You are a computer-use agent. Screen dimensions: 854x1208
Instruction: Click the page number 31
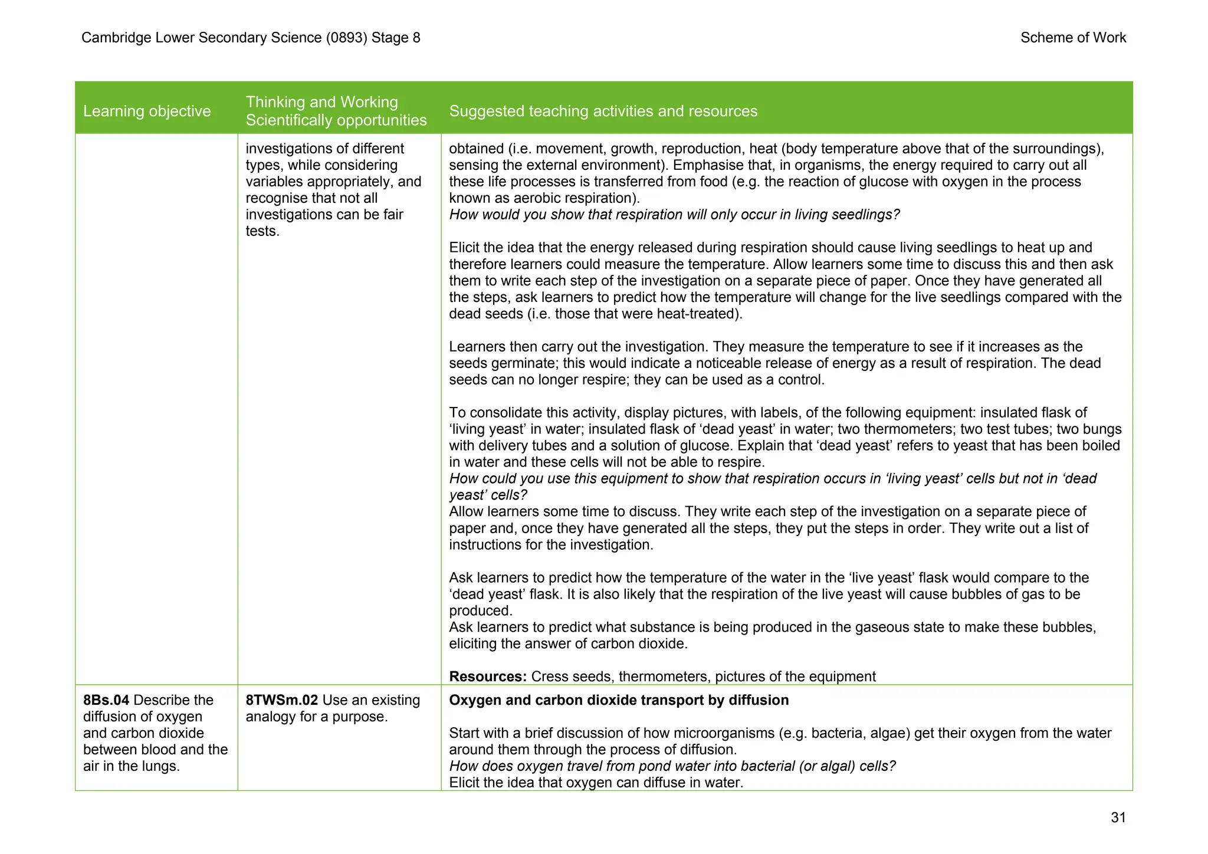pyautogui.click(x=1118, y=817)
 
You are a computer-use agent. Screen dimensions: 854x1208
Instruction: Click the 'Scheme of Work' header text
pyautogui.click(x=1072, y=38)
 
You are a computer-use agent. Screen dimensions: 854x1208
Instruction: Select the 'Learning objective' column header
pyautogui.click(x=147, y=111)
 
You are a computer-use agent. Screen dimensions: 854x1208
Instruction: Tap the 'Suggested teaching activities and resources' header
pyautogui.click(x=603, y=111)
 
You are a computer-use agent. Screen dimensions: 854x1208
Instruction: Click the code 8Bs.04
pyautogui.click(x=106, y=700)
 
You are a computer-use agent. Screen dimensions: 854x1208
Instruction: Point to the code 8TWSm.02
pyautogui.click(x=281, y=700)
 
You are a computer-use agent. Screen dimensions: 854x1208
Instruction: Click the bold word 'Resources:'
pyautogui.click(x=487, y=676)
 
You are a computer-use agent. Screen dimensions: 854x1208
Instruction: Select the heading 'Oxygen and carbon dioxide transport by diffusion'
pyautogui.click(x=618, y=700)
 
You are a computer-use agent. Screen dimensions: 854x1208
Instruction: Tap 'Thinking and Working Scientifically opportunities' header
pyautogui.click(x=336, y=111)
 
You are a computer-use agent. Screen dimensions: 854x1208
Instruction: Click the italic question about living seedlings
pyautogui.click(x=674, y=215)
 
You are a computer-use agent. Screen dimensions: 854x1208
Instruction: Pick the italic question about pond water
pyautogui.click(x=672, y=766)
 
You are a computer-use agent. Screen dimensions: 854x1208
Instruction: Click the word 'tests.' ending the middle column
pyautogui.click(x=262, y=231)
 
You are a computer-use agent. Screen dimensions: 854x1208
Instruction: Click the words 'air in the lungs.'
pyautogui.click(x=131, y=766)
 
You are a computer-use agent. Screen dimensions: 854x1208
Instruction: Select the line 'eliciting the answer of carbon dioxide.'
pyautogui.click(x=568, y=643)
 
